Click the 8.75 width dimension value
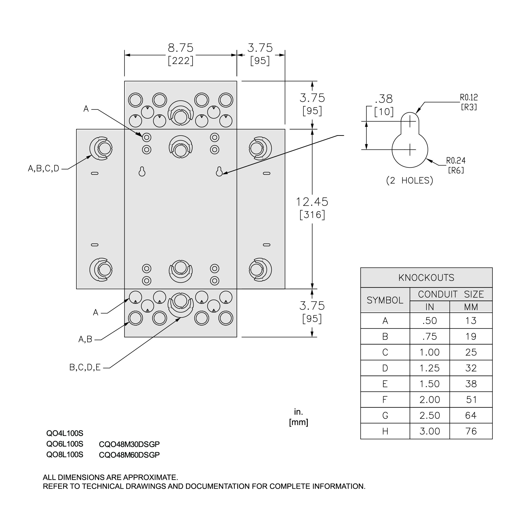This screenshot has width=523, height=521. coord(181,48)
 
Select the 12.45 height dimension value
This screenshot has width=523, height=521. coord(312,202)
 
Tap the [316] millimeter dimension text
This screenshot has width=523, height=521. coord(312,215)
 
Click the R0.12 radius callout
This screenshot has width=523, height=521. coord(469,97)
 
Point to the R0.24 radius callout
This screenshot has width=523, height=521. coord(456,161)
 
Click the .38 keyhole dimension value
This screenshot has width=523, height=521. coord(384,99)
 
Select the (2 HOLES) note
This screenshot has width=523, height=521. coord(409,181)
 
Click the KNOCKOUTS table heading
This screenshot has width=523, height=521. coord(426,278)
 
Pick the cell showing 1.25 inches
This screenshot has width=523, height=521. coord(429,368)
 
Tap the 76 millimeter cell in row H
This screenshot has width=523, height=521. coord(471,431)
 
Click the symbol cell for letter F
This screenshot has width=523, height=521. coord(385,400)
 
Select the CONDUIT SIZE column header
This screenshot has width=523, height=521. coord(451,294)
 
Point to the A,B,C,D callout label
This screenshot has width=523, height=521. coord(44,169)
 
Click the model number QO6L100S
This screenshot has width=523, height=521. coord(65,444)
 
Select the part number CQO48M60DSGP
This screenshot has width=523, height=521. coord(129,455)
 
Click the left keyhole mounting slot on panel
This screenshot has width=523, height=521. coord(142,172)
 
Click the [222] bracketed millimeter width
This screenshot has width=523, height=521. coord(181,61)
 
